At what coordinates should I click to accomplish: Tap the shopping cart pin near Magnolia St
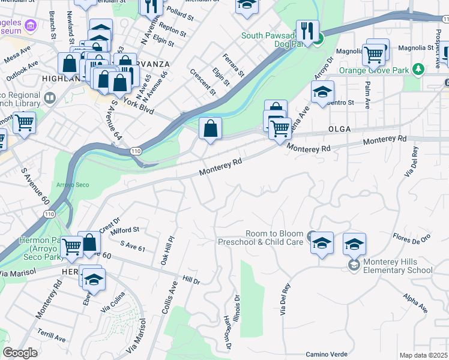pyautogui.click(x=373, y=55)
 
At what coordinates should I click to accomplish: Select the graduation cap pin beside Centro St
pyautogui.click(x=322, y=92)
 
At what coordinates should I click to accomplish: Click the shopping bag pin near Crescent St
pyautogui.click(x=211, y=128)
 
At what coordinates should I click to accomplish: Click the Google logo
pyautogui.click(x=20, y=352)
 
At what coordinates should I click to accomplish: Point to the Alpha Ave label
pyautogui.click(x=415, y=304)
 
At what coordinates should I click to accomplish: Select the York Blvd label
pyautogui.click(x=139, y=106)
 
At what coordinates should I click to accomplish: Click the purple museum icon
pyautogui.click(x=32, y=25)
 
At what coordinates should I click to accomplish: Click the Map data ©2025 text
pyautogui.click(x=423, y=355)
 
